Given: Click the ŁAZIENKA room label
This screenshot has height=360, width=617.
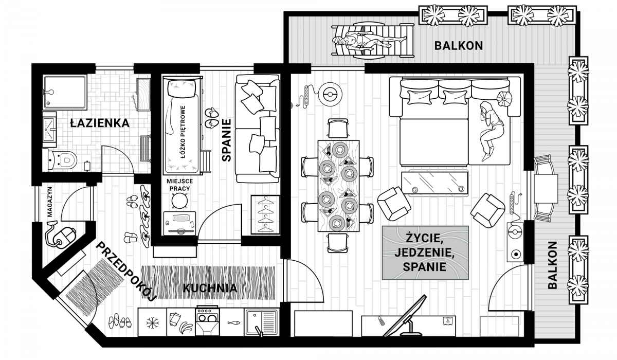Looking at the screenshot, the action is click(100, 123).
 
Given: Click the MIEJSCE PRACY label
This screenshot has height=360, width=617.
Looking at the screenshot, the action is click(179, 185).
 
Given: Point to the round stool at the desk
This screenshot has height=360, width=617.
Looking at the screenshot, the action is click(179, 200).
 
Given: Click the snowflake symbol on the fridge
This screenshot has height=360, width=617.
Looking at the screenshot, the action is click(152, 322).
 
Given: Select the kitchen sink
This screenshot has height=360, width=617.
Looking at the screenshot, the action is click(262, 322).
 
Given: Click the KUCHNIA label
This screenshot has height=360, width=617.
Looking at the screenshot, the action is click(210, 288).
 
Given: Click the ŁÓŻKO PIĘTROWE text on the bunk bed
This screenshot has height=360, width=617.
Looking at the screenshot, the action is click(183, 132).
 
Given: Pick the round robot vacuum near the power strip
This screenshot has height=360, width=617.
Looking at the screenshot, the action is click(330, 95).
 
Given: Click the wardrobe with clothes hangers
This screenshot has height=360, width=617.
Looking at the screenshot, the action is click(265, 215).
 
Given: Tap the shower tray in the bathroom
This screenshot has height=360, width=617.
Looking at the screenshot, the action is click(65, 92).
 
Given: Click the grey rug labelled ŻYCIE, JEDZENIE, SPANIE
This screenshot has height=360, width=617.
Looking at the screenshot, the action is click(425, 253).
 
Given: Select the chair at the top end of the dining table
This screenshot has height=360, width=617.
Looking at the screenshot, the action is click(338, 128).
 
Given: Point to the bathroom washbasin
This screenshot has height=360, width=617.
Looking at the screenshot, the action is click(49, 129).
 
